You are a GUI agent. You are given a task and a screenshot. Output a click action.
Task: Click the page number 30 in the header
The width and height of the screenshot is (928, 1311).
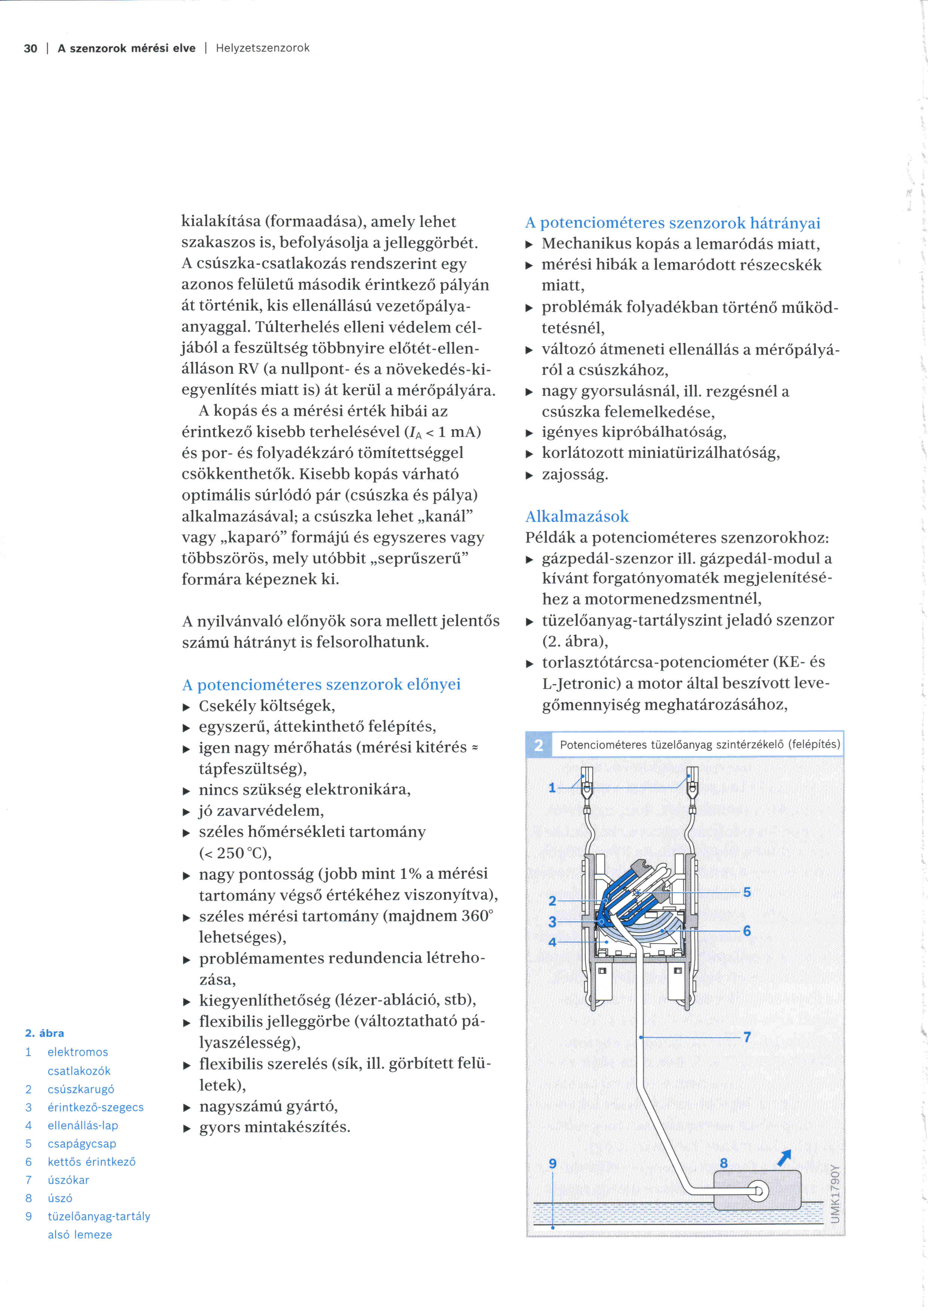(x=30, y=49)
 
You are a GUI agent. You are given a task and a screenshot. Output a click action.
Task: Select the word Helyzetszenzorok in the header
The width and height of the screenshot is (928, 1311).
(x=262, y=48)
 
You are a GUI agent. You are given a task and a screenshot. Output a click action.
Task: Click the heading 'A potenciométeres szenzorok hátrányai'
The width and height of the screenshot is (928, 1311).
(x=672, y=223)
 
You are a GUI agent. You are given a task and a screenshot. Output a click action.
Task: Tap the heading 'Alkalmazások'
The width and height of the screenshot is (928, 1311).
(x=577, y=516)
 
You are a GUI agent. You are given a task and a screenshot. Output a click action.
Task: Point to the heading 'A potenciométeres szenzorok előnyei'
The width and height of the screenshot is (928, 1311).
(x=321, y=684)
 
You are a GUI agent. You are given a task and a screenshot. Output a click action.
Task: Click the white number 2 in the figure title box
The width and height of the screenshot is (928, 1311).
(x=538, y=745)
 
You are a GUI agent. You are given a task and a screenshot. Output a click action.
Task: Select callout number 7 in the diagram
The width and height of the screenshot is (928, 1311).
(x=747, y=1037)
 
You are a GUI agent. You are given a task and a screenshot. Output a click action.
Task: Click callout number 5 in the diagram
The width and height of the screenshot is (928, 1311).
(x=747, y=892)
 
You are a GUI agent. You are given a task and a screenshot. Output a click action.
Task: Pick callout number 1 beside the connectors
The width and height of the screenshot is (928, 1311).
(x=552, y=788)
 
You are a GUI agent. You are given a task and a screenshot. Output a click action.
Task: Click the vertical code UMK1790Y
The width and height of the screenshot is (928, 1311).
(x=836, y=1193)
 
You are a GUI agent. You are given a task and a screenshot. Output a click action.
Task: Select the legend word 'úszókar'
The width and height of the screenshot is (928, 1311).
(x=68, y=1180)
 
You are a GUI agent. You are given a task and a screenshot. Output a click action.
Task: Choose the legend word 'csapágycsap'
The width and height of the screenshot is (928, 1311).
(x=82, y=1144)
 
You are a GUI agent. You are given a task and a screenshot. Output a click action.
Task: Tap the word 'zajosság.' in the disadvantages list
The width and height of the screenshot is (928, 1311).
(x=575, y=474)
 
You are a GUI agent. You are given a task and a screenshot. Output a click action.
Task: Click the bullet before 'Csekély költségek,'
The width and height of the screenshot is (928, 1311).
(x=186, y=707)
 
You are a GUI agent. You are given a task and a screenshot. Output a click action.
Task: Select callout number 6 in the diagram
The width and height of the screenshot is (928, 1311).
(x=747, y=931)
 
